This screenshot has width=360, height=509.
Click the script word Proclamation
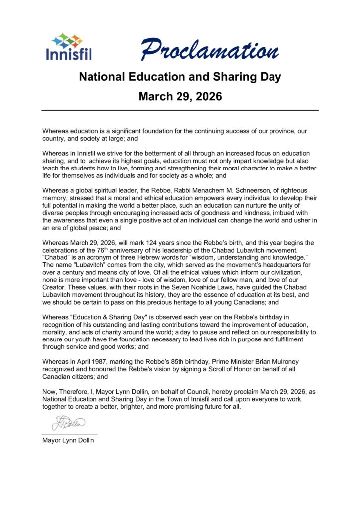[x=209, y=50]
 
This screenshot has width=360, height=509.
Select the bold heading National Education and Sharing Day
[x=180, y=77]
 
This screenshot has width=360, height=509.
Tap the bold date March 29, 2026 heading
[x=180, y=96]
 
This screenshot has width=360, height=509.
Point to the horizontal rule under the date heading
[x=180, y=110]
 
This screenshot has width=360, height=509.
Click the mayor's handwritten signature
[x=68, y=424]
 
